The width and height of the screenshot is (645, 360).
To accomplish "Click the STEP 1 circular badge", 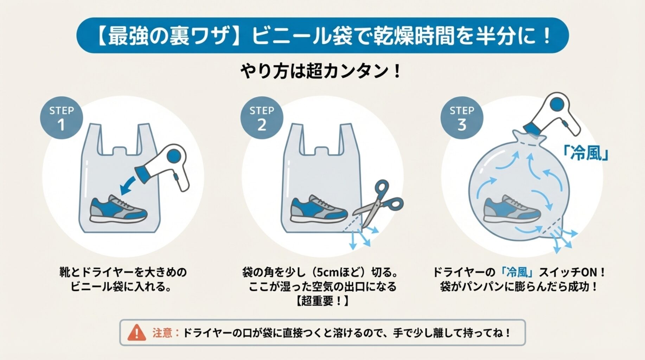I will click(62, 118).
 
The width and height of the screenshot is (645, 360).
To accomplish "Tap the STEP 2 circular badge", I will click(262, 118).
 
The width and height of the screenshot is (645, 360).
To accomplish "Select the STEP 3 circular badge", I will click(462, 118).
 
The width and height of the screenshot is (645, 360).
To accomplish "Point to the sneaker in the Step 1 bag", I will click(118, 209).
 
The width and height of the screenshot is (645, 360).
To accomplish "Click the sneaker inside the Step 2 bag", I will click(319, 209).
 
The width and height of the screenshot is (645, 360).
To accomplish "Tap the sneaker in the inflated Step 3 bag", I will click(512, 209).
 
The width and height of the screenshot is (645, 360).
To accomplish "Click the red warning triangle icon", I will click(136, 333).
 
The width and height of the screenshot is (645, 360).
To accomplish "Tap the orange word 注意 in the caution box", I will click(162, 333).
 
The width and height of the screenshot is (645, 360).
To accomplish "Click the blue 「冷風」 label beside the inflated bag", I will click(586, 153).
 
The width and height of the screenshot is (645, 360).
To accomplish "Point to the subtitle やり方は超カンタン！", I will click(321, 71).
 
